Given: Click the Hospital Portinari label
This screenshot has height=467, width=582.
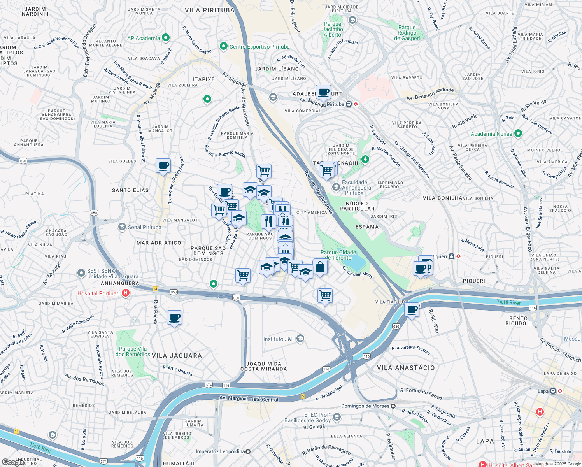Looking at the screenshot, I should pos(98,293).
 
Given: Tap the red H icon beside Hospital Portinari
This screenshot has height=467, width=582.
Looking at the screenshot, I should pos(126,293).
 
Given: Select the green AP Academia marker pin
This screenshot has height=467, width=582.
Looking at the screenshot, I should pos(166,38).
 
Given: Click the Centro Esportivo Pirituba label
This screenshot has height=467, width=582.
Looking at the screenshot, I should pos(259,47).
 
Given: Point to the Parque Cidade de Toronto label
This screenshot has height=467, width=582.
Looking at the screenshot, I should pos(338,255).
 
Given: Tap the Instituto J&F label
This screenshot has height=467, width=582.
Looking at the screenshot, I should pos(279,339).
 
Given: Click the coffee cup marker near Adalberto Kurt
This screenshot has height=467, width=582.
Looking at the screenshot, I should pos(323,93).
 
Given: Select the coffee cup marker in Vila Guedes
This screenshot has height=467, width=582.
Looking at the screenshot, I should pos(163,166).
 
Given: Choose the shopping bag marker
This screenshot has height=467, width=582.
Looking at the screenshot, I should pos(320,267).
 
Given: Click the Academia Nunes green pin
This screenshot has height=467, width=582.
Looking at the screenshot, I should pos(518,133).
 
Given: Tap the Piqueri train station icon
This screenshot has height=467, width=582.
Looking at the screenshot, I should pos(451,256).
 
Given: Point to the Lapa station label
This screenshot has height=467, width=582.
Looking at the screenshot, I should pos(543,391).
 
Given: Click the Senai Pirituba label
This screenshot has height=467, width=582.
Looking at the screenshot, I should pos(144,227).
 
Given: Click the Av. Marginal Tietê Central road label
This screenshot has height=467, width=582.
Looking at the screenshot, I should pos(249,399).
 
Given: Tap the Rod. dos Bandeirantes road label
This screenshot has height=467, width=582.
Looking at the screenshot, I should pos(319,192).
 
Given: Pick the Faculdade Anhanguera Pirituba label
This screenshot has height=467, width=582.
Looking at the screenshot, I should pos(356,188).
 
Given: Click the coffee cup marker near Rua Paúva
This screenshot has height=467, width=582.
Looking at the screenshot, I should pos(174,318).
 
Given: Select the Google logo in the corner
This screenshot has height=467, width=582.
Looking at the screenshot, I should pos(12,462).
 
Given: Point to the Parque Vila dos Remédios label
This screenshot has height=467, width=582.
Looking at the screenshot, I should pos(133,351).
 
